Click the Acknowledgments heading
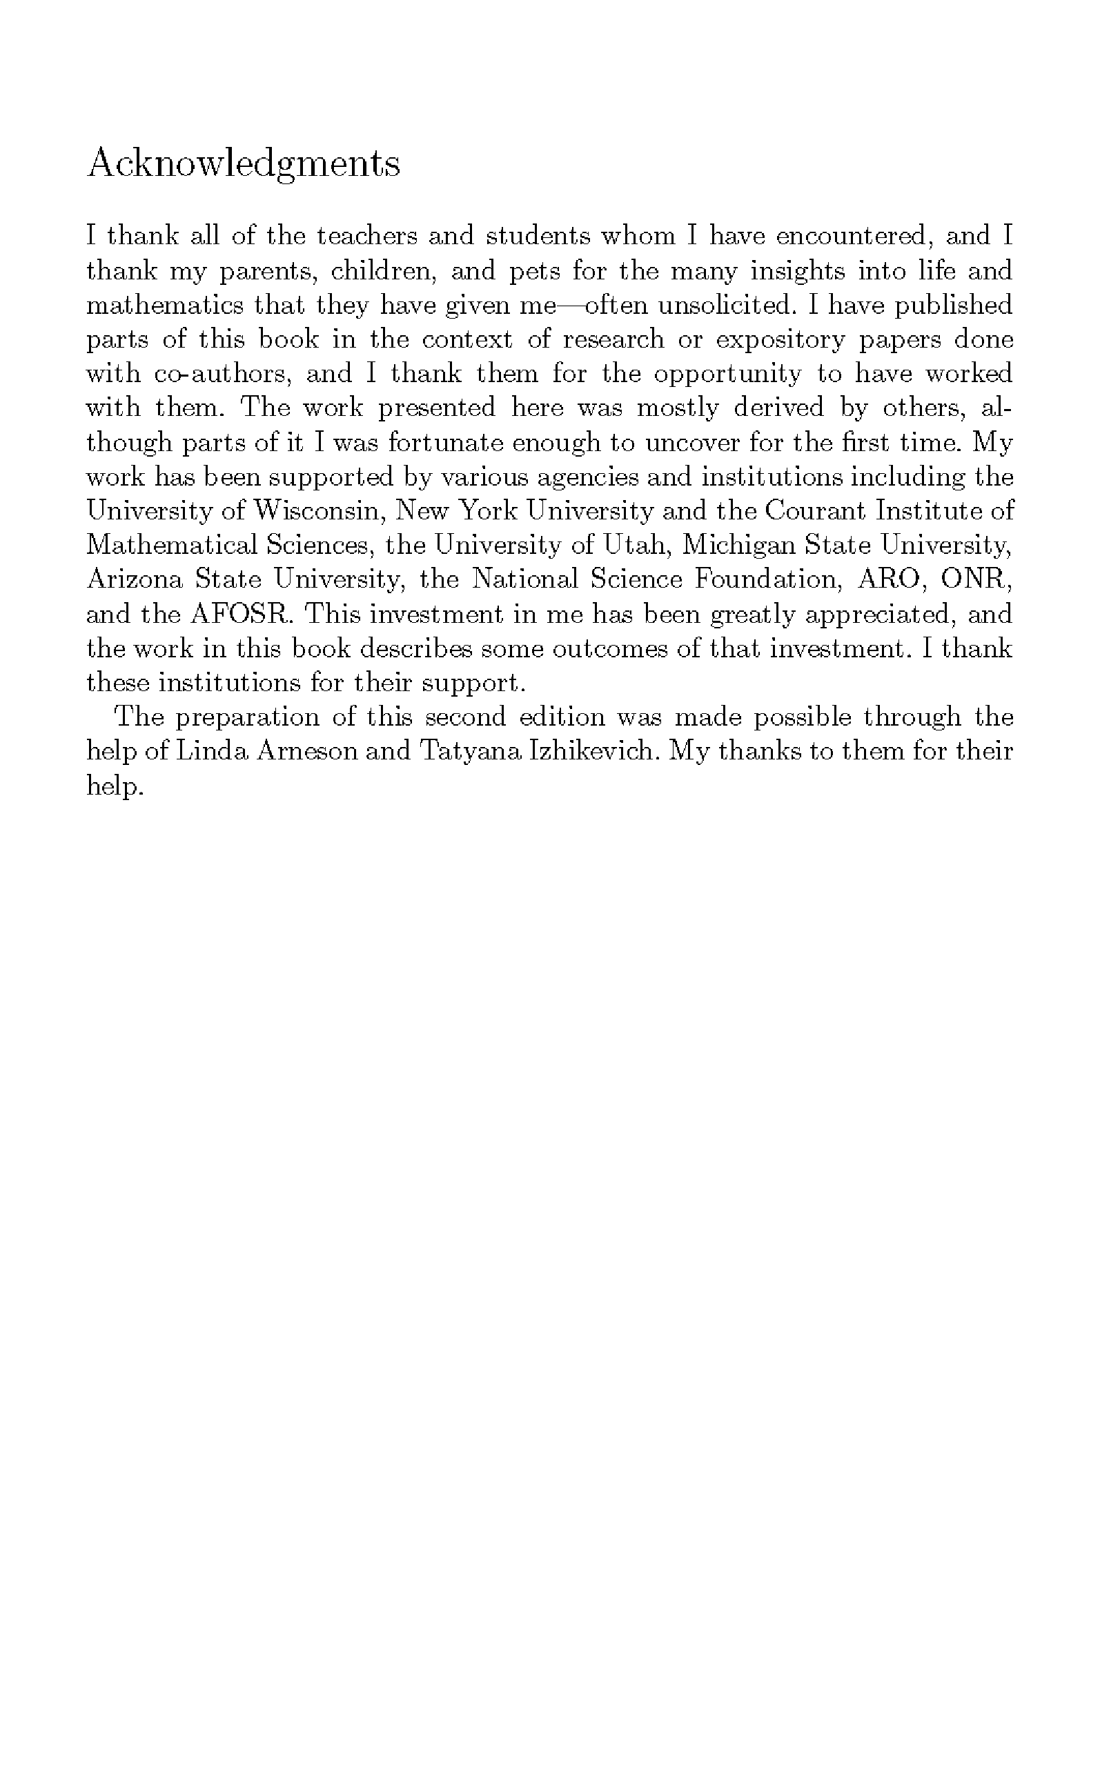pyautogui.click(x=243, y=163)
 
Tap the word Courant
pyautogui.click(x=815, y=511)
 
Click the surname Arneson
pyautogui.click(x=310, y=751)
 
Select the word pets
pyautogui.click(x=534, y=271)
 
